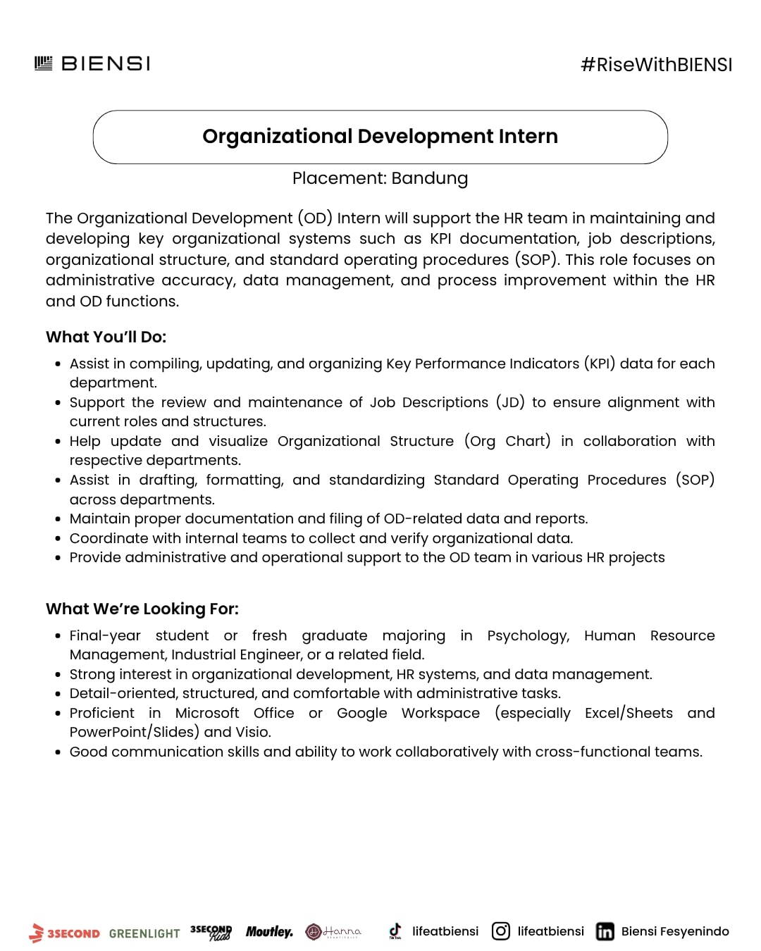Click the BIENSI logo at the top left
[x=92, y=64]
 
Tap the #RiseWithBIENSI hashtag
[x=656, y=65]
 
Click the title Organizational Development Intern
[x=380, y=137]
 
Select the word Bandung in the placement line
[x=429, y=178]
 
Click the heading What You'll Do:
[x=106, y=337]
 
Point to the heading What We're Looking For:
[x=142, y=609]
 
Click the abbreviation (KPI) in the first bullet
[x=599, y=363]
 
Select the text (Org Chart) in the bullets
[x=507, y=441]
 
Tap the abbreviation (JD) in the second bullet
[x=510, y=402]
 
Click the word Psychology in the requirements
[x=528, y=635]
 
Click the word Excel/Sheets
[x=629, y=713]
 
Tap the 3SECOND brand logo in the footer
[x=65, y=933]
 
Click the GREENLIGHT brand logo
[x=144, y=933]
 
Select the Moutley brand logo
[x=269, y=932]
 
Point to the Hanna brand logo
[x=333, y=932]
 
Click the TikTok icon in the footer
[x=395, y=931]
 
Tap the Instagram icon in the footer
[x=501, y=931]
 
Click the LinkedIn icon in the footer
[x=605, y=931]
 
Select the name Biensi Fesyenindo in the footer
[x=674, y=931]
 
